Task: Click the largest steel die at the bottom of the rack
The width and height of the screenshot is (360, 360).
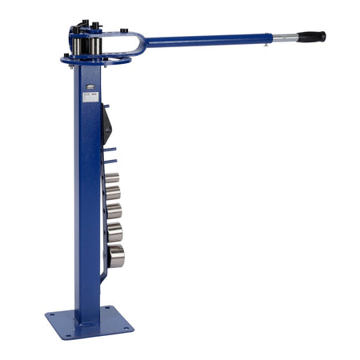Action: pyautogui.click(x=117, y=256)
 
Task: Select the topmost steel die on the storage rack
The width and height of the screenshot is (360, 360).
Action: pyautogui.click(x=111, y=178)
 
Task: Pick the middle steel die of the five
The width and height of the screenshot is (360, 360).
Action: pyautogui.click(x=114, y=211)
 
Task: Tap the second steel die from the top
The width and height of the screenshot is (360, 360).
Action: pyautogui.click(x=113, y=193)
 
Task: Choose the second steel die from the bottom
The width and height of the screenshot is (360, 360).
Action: pyautogui.click(x=115, y=232)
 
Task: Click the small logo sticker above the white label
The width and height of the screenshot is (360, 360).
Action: pyautogui.click(x=86, y=82)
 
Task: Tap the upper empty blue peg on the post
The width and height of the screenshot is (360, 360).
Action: pyautogui.click(x=110, y=150)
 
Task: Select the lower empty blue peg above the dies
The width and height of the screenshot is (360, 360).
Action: pyautogui.click(x=110, y=162)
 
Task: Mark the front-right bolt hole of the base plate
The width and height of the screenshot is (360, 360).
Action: pyautogui.click(x=125, y=330)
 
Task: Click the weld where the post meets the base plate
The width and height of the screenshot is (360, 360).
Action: pyautogui.click(x=89, y=315)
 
